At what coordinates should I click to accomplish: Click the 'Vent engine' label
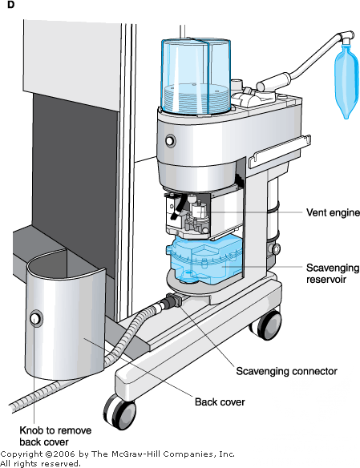click(x=333, y=212)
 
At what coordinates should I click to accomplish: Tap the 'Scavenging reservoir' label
click(x=333, y=273)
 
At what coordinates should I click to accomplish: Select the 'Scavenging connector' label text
click(x=286, y=371)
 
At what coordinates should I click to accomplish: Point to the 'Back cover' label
click(x=220, y=401)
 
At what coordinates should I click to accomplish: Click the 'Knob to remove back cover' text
click(x=55, y=436)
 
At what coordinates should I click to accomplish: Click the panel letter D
click(x=10, y=5)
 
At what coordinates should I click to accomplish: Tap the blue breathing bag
click(x=346, y=81)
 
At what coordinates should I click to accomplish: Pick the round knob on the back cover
click(x=36, y=319)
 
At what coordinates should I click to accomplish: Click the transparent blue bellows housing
click(x=196, y=76)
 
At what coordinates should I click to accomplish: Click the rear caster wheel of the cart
click(x=267, y=325)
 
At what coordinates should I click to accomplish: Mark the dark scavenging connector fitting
click(x=173, y=301)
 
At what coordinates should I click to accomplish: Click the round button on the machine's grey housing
click(x=170, y=140)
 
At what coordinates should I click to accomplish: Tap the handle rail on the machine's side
click(x=279, y=151)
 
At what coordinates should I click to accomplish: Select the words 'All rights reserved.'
click(x=41, y=463)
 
